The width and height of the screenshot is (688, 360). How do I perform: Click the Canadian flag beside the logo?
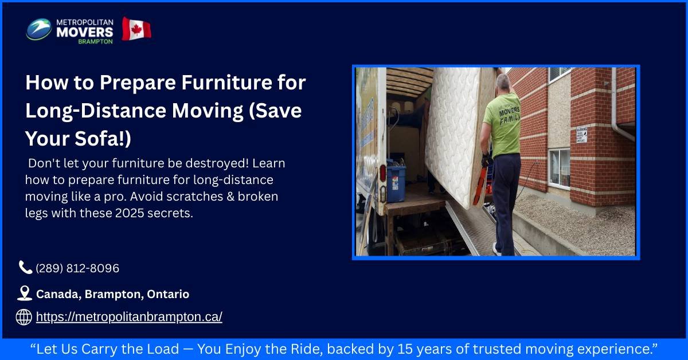[x=136, y=29]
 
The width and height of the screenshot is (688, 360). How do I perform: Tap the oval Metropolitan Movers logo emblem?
[x=38, y=29]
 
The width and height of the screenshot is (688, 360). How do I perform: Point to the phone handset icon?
[x=25, y=267]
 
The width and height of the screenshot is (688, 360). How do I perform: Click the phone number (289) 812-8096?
[x=77, y=268]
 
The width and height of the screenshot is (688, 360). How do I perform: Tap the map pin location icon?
[x=24, y=294]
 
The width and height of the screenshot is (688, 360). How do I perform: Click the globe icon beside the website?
[x=24, y=316]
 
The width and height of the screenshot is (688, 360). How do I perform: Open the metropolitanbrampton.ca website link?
[x=129, y=316]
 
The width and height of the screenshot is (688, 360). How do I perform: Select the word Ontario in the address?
[x=168, y=294]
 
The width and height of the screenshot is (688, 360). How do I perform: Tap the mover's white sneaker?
[x=497, y=248]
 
